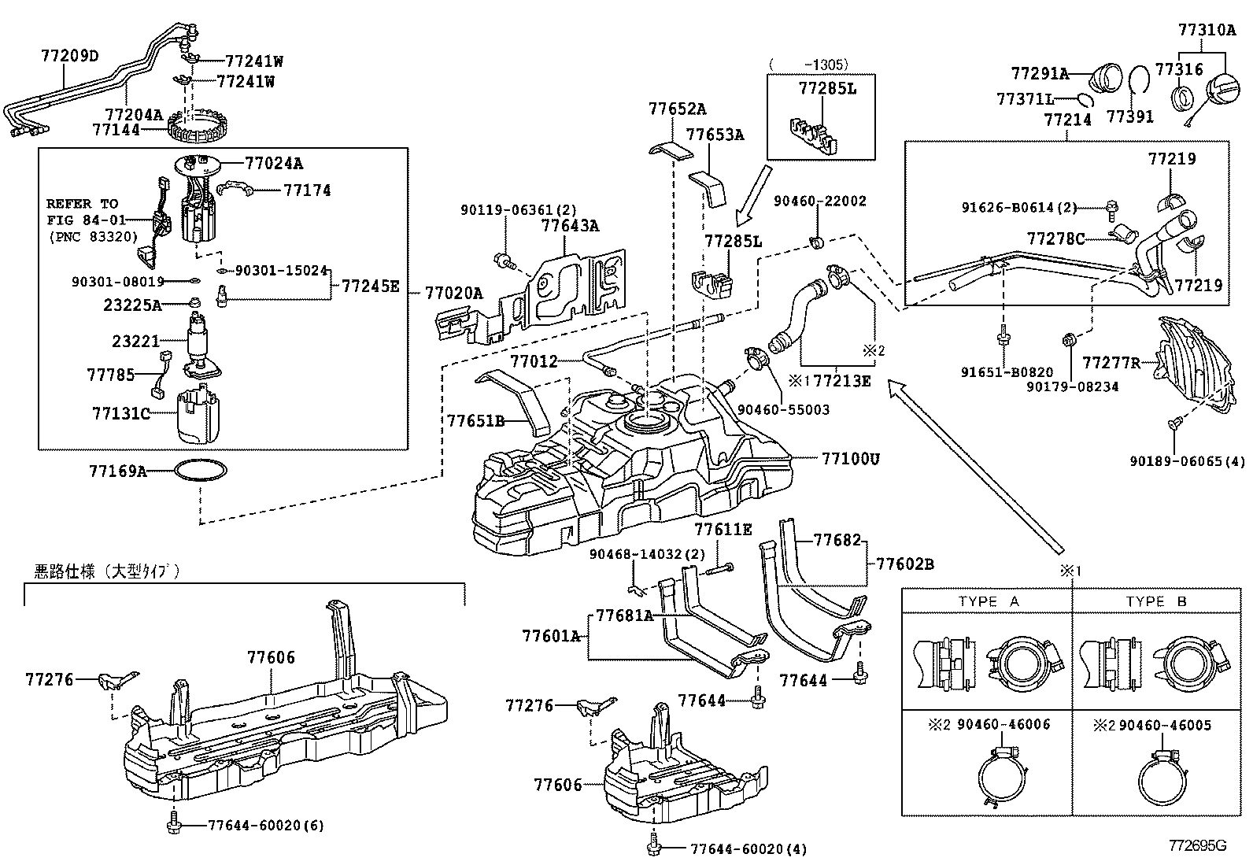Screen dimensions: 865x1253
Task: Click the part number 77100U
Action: (x=850, y=457)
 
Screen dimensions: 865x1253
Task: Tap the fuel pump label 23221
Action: (x=135, y=341)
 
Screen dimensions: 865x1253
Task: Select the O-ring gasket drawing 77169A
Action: (x=201, y=471)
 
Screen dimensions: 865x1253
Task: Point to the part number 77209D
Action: (x=70, y=56)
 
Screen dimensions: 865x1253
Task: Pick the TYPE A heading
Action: (x=989, y=601)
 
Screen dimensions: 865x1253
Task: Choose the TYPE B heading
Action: (x=1156, y=601)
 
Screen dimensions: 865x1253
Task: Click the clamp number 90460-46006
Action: (x=1004, y=724)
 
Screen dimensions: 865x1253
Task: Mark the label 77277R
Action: (x=1111, y=362)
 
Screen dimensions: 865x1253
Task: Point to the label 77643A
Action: (x=571, y=226)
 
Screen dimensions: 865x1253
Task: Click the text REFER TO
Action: (x=82, y=203)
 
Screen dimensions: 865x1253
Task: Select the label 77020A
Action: (x=453, y=293)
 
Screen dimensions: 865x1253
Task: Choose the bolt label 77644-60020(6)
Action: (x=266, y=825)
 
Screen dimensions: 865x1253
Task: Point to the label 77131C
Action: (x=120, y=412)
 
